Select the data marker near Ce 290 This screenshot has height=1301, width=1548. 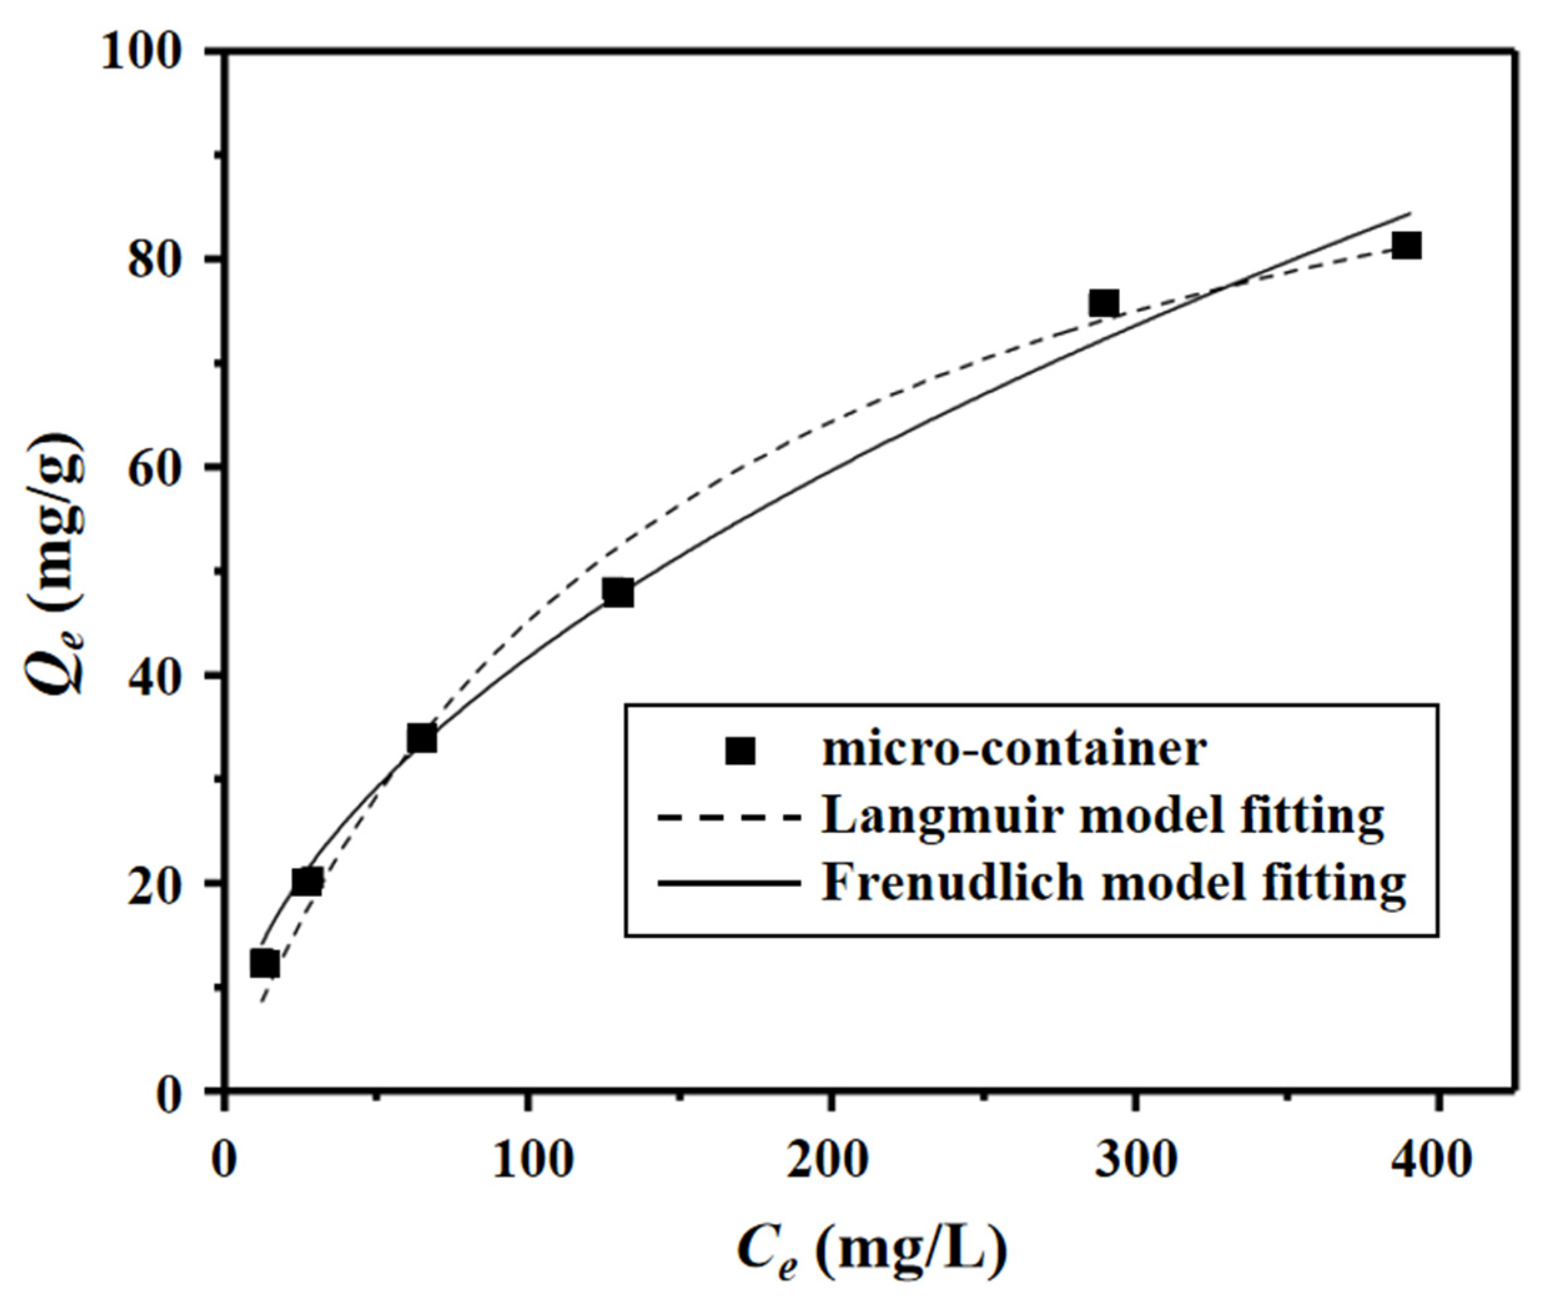click(x=1104, y=303)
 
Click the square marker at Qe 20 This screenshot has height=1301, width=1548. click(x=307, y=881)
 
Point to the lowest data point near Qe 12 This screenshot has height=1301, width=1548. click(x=265, y=964)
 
